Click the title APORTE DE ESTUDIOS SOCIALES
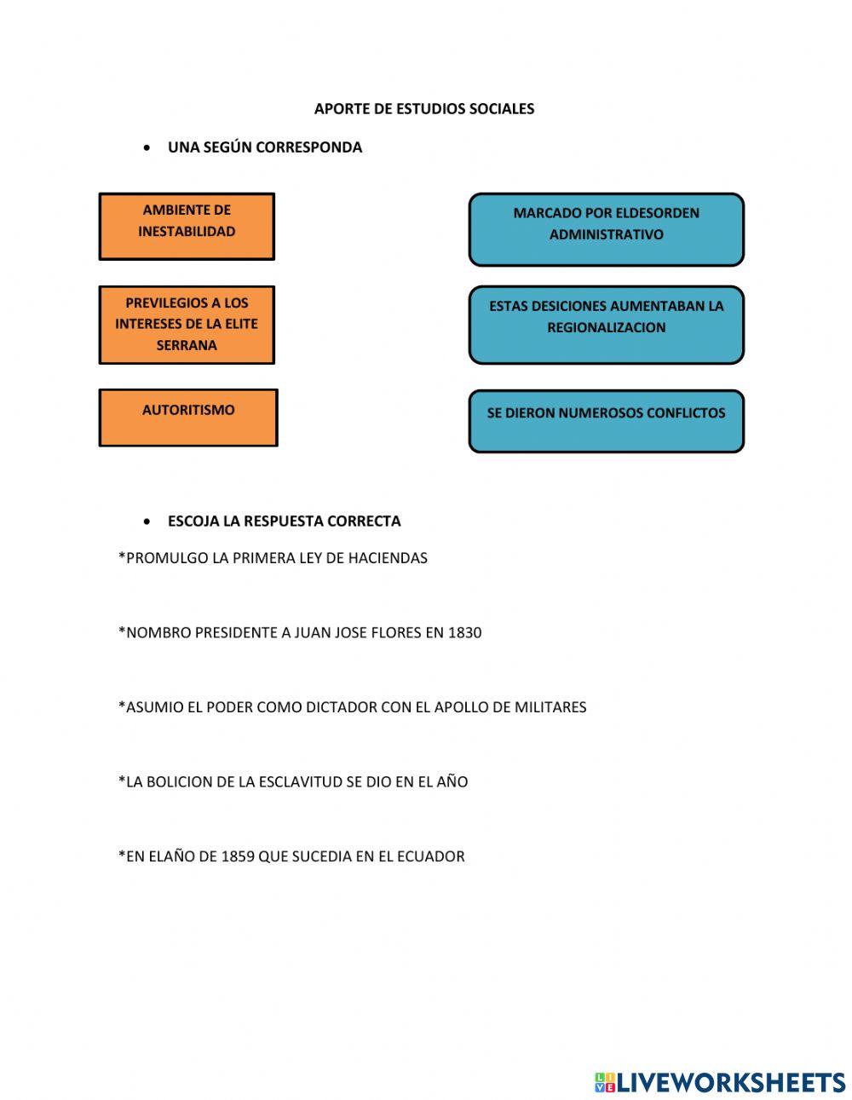point(424,108)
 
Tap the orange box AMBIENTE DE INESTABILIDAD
point(187,226)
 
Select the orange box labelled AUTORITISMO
point(188,418)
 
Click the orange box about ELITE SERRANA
point(187,325)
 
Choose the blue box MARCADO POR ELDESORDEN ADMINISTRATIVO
point(606,229)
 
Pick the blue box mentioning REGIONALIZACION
point(606,325)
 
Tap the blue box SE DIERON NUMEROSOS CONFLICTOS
point(606,421)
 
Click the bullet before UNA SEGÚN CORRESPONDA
point(148,148)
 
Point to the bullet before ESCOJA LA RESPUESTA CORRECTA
point(148,521)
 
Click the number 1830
point(464,632)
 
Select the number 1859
point(238,856)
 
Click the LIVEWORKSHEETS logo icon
point(605,1082)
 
